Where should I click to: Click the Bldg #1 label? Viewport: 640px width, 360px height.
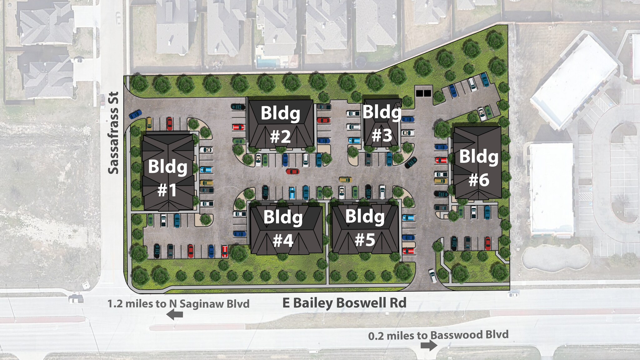tap(168, 178)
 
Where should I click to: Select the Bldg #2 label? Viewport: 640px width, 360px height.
tap(280, 124)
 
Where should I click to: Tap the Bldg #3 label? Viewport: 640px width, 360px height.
tap(382, 123)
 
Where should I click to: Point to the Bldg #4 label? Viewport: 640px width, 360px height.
tap(283, 228)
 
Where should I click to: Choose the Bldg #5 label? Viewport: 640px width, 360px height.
tap(365, 227)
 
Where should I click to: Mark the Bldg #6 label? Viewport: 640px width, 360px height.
tap(478, 168)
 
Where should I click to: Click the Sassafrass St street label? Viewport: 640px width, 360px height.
tap(113, 133)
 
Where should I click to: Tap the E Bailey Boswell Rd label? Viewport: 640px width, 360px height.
tap(344, 303)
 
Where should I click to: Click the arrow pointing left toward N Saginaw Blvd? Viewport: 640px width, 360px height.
tap(175, 314)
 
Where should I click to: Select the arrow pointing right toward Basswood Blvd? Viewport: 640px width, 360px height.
tap(429, 345)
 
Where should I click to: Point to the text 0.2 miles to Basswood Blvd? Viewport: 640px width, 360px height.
tap(438, 335)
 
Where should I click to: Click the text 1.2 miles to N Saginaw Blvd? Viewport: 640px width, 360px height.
tap(178, 304)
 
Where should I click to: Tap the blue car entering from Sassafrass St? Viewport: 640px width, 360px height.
tap(135, 114)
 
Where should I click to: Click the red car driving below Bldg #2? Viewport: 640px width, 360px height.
tap(293, 171)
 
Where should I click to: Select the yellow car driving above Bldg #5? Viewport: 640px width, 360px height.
tap(346, 180)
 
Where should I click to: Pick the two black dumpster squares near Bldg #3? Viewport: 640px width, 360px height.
tap(423, 93)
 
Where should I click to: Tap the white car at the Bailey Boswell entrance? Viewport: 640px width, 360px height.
tap(433, 275)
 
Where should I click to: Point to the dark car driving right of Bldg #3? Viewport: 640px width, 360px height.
tap(411, 162)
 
